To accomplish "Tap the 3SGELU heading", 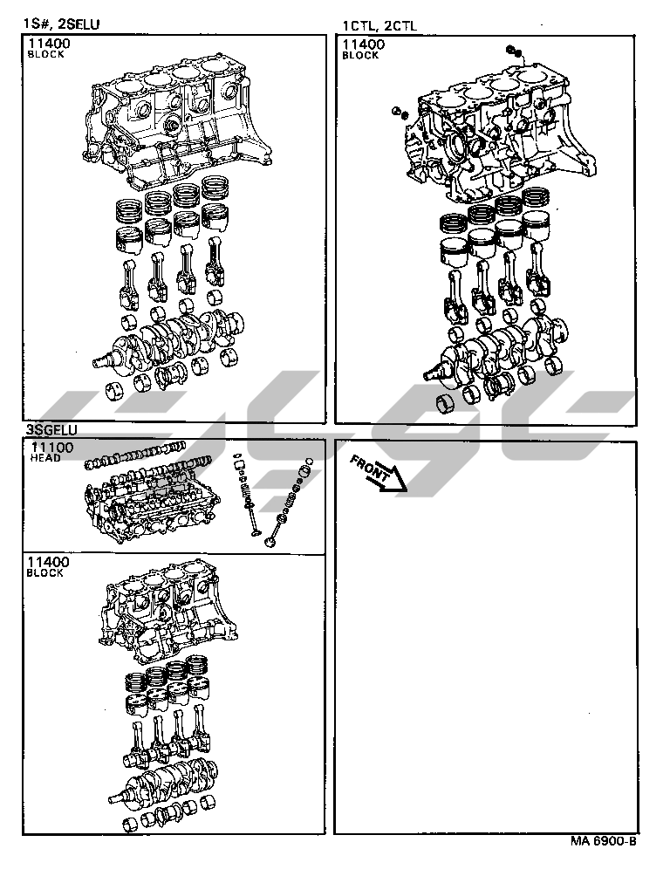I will [x=51, y=430].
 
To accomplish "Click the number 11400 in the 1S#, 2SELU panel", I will [x=50, y=44].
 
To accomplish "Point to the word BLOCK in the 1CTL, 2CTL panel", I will [x=360, y=55].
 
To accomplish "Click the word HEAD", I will [x=45, y=458].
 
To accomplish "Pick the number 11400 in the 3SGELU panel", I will [x=49, y=563].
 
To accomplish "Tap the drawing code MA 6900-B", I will [x=604, y=842].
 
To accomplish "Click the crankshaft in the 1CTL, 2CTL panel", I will [x=497, y=349].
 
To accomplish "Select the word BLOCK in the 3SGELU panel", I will [x=45, y=573].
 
